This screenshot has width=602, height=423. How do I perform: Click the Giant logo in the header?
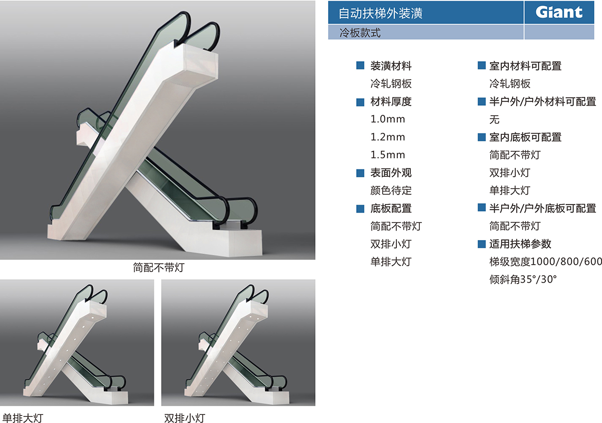pos(559,12)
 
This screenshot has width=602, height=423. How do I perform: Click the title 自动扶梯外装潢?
pos(380,13)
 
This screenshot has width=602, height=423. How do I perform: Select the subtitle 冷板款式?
pos(360,33)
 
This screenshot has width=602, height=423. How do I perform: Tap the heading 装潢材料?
pos(391,66)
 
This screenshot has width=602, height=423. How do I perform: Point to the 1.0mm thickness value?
pos(387,119)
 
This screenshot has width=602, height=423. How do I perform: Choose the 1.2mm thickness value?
pos(387,137)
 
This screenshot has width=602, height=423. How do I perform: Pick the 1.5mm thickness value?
pos(387,155)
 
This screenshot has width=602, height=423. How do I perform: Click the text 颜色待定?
pos(391,190)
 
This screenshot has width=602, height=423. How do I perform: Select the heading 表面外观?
pos(391,173)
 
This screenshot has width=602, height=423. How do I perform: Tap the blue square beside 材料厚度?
pos(360,102)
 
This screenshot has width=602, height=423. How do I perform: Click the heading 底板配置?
pos(391,208)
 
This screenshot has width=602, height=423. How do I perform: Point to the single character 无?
pos(494,119)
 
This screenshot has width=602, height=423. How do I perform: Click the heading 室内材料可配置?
pos(525,66)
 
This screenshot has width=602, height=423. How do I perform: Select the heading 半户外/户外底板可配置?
pos(543,208)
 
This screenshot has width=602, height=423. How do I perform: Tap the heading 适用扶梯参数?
pos(520,244)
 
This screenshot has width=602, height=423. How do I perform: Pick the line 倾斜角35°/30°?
pos(523,279)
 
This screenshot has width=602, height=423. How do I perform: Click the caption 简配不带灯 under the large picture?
pos(159,268)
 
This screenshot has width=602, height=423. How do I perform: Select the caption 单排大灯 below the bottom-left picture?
pos(23,418)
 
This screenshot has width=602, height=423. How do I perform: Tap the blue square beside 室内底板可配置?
pos(482,137)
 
